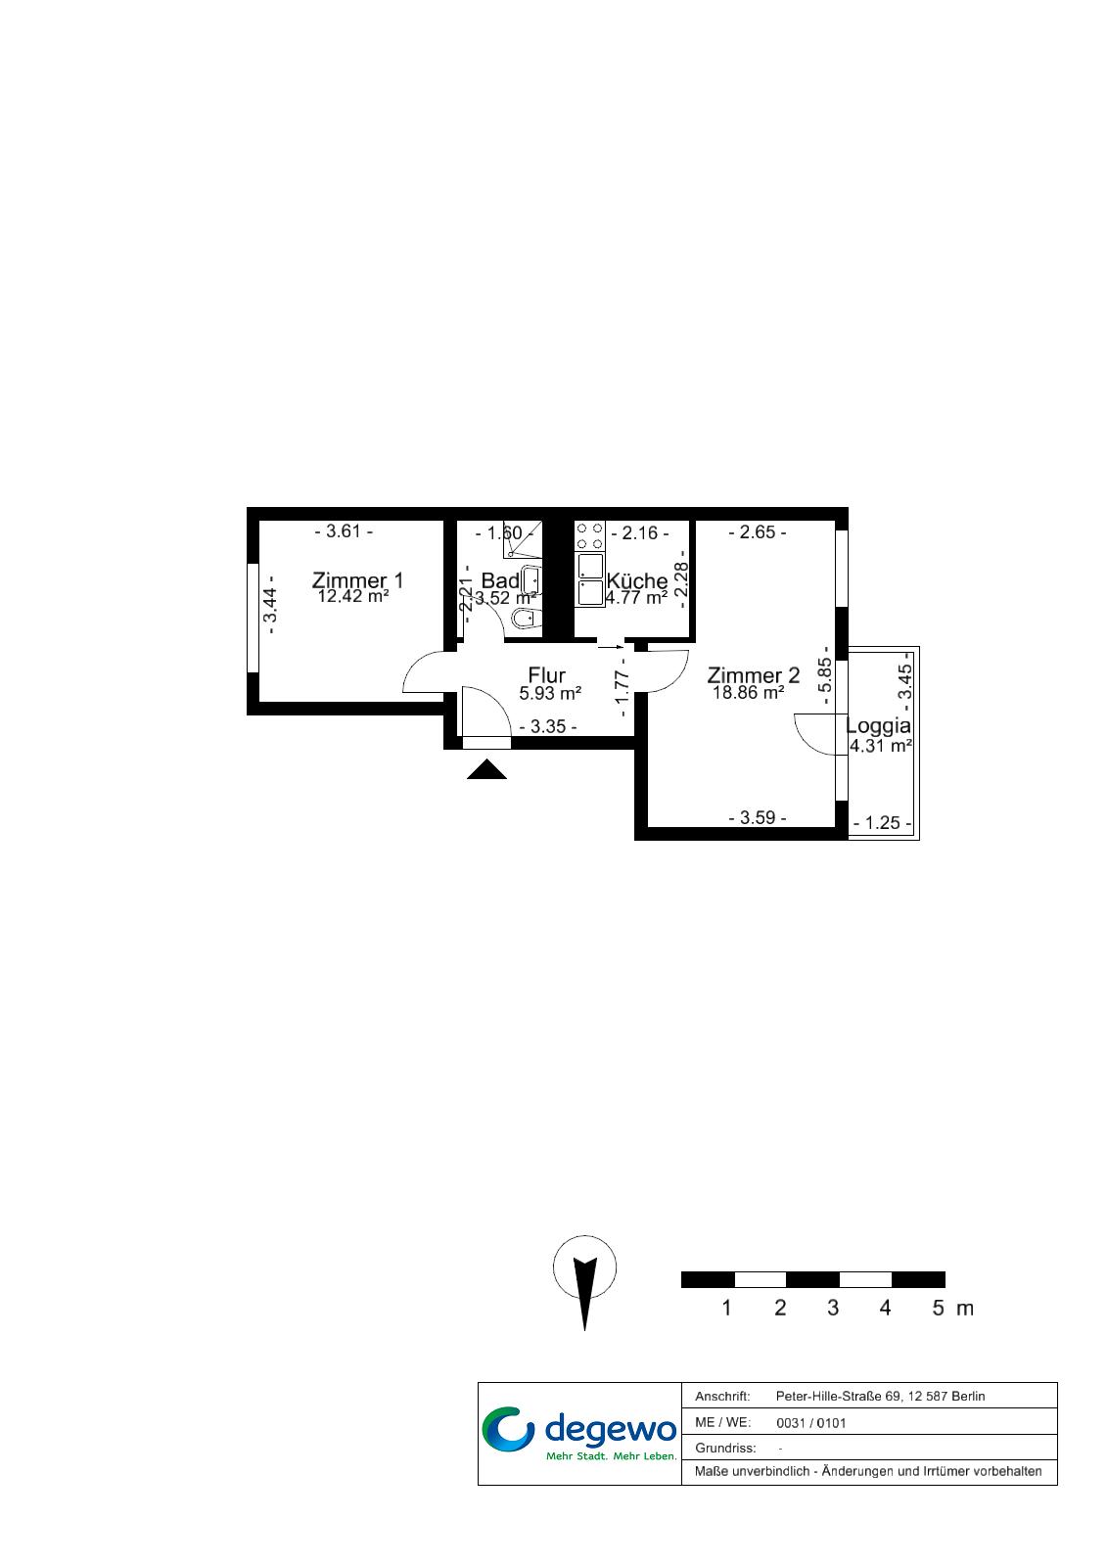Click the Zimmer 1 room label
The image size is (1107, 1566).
coord(357,580)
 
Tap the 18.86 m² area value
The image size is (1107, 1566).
coord(748,693)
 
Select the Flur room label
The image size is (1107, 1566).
coord(547,674)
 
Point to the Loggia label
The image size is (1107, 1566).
coord(878,725)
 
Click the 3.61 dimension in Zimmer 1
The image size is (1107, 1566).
coord(344,531)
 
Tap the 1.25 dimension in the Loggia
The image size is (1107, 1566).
coord(883,823)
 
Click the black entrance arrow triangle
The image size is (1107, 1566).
coord(486,769)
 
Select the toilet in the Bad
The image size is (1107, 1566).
coord(526,618)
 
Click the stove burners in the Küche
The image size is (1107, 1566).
coord(589,537)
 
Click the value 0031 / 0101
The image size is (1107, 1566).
coord(811,1423)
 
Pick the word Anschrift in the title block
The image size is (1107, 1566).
coord(722,1396)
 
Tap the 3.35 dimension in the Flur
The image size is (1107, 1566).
coord(548,726)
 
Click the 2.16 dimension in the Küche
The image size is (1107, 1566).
coord(640,532)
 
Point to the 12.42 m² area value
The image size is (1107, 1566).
coord(353,596)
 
